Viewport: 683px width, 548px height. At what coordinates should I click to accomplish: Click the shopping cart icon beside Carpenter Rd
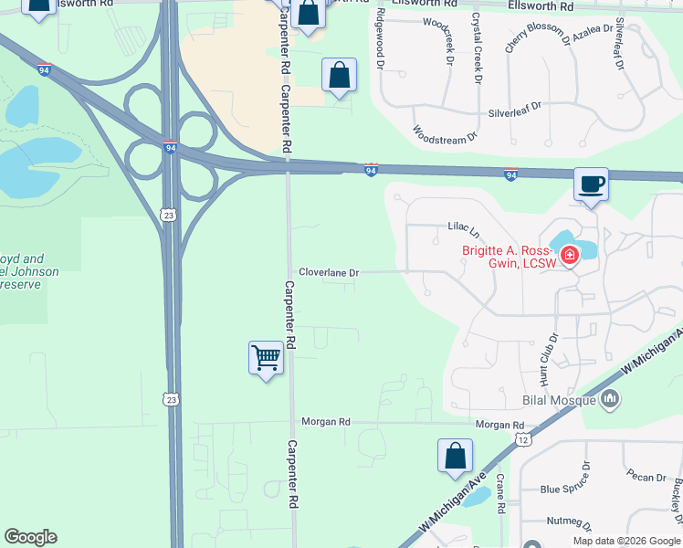point(266,357)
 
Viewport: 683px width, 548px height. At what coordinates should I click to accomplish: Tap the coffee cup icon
point(591,184)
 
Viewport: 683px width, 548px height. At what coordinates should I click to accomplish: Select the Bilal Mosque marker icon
point(611,398)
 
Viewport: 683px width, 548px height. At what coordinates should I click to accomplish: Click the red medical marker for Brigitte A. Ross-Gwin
point(569,255)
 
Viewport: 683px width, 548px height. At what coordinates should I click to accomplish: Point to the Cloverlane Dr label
point(330,272)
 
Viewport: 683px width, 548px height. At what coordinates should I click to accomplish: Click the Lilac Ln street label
point(464,227)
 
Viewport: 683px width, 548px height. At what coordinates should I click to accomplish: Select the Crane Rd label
point(501,493)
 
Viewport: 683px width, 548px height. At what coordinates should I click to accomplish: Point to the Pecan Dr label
point(646,476)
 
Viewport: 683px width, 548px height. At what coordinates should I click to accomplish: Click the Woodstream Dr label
point(445,133)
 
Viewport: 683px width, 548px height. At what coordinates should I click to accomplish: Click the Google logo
point(31,537)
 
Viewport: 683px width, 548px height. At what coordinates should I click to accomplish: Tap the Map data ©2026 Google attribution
point(626,541)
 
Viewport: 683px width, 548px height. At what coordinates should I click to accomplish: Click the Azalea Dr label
point(594,30)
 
